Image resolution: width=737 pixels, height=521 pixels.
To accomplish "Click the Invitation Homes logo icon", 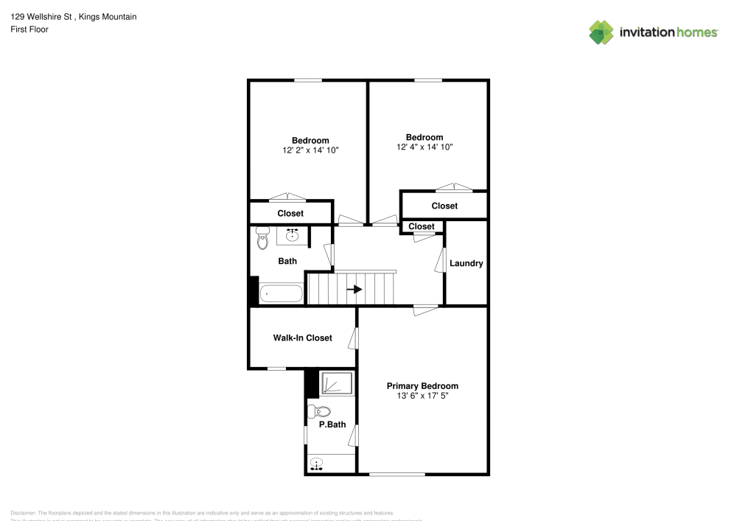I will coord(601,32).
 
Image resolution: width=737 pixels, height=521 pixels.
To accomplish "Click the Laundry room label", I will coord(466,263).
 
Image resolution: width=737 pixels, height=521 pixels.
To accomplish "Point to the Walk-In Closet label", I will coord(302,338).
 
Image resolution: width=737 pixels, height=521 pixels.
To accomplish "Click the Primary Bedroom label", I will coord(422,386).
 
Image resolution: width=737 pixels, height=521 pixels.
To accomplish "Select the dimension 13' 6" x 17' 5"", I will coord(422,396).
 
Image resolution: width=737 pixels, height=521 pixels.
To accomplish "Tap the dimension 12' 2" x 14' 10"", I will coord(310,150).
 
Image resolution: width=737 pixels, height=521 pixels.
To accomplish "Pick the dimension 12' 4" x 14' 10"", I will coord(425,147).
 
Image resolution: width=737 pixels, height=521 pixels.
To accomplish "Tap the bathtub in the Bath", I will coord(281,294).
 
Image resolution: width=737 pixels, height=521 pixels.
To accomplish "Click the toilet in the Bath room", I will coord(262,239).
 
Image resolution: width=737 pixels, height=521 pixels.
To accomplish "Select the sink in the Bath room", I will coord(292,235).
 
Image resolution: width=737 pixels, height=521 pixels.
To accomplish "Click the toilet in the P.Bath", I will coord(319,411).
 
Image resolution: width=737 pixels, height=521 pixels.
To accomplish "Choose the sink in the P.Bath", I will coord(317,464).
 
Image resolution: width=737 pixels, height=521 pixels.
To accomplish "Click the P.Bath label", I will coord(332,424).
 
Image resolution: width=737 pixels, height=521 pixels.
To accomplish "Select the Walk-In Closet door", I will coord(354,338).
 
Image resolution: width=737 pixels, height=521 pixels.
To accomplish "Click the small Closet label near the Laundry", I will coord(422,226).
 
